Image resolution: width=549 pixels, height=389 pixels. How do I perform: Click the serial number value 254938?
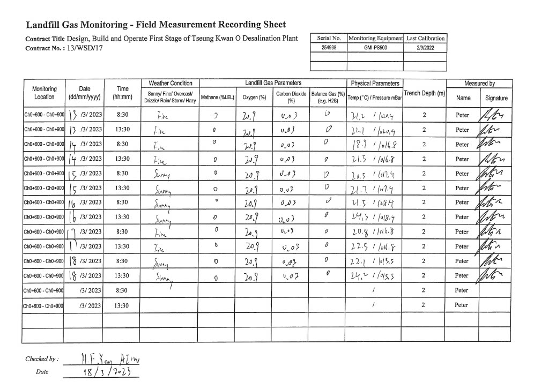[x=329, y=47]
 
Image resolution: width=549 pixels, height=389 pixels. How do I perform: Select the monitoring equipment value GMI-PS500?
[x=375, y=47]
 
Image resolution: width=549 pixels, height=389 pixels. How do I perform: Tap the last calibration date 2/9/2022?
[x=425, y=47]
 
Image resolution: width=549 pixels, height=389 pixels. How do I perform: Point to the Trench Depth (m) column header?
[x=425, y=93]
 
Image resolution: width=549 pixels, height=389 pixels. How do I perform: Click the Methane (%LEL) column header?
[x=215, y=97]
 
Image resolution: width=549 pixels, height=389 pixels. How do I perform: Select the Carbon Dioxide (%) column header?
[x=291, y=97]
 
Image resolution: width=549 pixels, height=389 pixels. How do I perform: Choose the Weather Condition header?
[x=170, y=83]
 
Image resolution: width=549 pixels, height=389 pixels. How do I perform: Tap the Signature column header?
[x=496, y=98]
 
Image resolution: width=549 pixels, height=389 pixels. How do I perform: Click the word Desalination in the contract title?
[x=247, y=39]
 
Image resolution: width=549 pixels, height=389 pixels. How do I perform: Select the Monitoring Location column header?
[x=44, y=93]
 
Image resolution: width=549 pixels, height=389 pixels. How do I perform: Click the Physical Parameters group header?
[x=375, y=83]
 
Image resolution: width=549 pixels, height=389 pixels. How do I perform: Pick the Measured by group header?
[x=479, y=83]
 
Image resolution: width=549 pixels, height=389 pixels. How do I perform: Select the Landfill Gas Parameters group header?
[x=273, y=83]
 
